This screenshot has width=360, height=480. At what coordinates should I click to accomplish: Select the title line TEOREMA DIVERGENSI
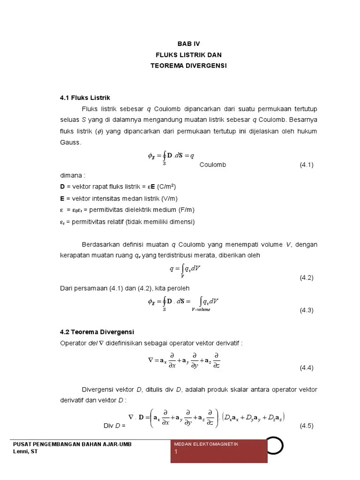[188, 66]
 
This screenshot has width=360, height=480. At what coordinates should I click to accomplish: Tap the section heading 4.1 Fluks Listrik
[84, 98]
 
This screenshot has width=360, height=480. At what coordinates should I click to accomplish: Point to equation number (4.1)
[307, 165]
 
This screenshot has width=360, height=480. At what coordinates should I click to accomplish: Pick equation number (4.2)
[307, 277]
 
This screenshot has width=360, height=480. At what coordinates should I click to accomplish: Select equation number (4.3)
[307, 310]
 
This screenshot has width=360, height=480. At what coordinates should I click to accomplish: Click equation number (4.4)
[307, 368]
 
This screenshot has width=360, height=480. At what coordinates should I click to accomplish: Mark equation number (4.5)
[307, 426]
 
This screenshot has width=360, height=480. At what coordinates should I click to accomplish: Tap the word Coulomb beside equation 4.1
[212, 165]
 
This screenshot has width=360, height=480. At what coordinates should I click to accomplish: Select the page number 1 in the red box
[176, 452]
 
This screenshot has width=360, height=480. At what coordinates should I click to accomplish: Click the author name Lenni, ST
[27, 451]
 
